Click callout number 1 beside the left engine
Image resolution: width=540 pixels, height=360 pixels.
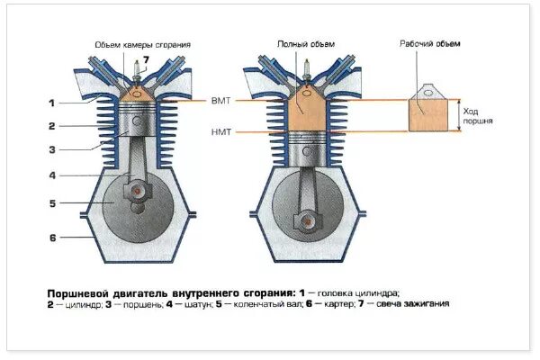52,102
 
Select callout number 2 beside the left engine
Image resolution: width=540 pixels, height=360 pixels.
52,126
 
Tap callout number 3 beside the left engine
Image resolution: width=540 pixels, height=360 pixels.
52,149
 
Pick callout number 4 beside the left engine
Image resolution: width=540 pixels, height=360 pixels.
52,175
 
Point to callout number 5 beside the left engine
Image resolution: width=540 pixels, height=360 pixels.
52,203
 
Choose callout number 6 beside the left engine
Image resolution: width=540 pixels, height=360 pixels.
52,237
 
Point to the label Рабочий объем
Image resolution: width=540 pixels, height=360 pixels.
427,42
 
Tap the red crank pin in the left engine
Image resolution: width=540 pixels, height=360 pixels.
135,191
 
